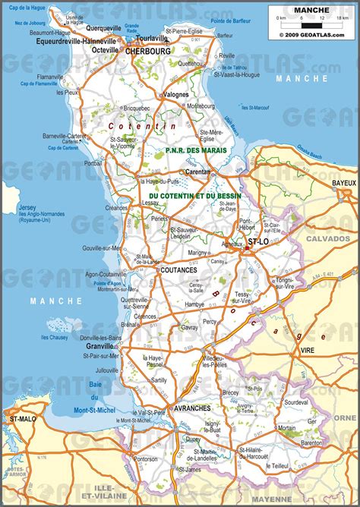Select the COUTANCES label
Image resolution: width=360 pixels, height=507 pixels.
point(178,269)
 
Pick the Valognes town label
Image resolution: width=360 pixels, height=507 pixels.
point(176,95)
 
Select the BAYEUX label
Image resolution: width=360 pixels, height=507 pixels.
point(344,184)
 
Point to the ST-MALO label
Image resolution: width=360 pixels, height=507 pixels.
point(20,418)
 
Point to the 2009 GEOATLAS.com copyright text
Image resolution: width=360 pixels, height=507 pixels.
point(311,34)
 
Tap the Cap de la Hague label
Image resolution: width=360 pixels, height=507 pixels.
point(25,7)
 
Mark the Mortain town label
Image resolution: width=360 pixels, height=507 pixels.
point(286,428)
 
